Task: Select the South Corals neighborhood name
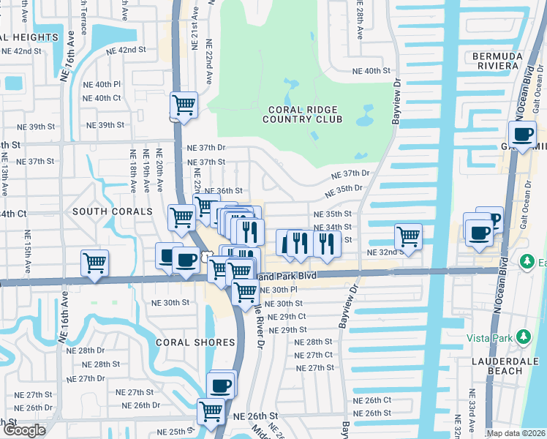pyautogui.click(x=111, y=211)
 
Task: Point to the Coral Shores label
pyautogui.click(x=195, y=342)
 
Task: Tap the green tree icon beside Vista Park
pyautogui.click(x=523, y=337)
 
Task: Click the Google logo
pyautogui.click(x=23, y=430)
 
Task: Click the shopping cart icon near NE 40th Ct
pyautogui.click(x=184, y=105)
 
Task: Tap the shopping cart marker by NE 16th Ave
pyautogui.click(x=95, y=263)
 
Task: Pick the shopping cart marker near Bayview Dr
pyautogui.click(x=408, y=236)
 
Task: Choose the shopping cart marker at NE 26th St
pyautogui.click(x=211, y=411)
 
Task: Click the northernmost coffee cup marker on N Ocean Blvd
pyautogui.click(x=523, y=135)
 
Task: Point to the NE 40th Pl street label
pyautogui.click(x=102, y=85)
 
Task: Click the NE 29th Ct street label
pyautogui.click(x=287, y=317)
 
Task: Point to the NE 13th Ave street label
pyautogui.click(x=5, y=179)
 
